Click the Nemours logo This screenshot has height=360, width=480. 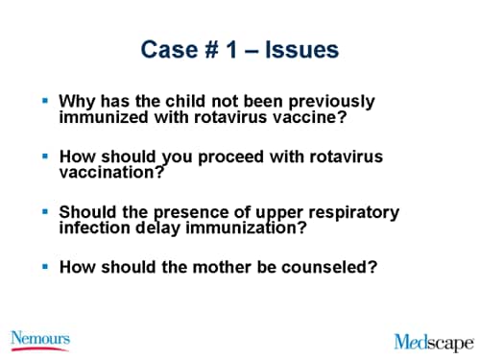39,339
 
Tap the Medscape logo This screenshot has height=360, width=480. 434,341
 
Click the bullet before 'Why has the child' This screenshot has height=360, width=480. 46,100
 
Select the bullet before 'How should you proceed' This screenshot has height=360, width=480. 46,156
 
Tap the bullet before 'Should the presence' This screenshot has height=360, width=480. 46,211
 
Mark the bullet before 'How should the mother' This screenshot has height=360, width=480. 46,267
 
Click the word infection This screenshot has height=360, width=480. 97,229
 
